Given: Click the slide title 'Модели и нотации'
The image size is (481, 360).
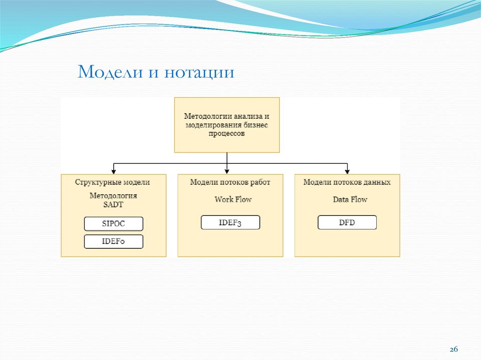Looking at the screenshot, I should click(x=155, y=73).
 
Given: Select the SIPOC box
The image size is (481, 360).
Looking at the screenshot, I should click(x=114, y=224).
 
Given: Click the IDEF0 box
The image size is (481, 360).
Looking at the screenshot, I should click(x=114, y=242).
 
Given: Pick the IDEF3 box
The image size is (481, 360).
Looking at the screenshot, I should click(x=230, y=222).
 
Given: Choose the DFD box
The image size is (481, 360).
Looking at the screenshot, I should click(x=347, y=222).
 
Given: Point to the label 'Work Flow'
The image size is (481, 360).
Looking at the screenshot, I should click(x=233, y=199).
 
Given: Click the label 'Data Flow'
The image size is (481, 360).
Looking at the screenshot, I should click(x=350, y=199).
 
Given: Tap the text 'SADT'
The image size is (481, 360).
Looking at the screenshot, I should click(x=113, y=204).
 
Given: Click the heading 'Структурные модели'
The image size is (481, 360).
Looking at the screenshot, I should click(x=113, y=182).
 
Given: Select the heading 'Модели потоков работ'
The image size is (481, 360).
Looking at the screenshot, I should click(x=230, y=182).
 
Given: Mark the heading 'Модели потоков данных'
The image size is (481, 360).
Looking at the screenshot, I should click(x=347, y=182).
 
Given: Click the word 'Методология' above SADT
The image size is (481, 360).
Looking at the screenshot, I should click(x=113, y=196).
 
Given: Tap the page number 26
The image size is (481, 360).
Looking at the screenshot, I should click(x=454, y=350).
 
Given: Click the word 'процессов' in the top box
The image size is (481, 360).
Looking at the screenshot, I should click(x=227, y=134).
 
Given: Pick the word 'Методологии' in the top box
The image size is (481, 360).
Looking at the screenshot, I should click(x=203, y=116).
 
